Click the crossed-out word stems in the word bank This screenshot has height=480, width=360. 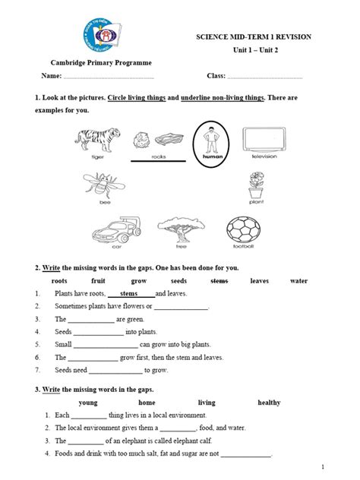pos(219,280)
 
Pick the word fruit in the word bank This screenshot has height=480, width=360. pos(99,280)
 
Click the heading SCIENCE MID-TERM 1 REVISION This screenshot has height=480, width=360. pos(264,37)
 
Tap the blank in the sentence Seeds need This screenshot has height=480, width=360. pos(116,371)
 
